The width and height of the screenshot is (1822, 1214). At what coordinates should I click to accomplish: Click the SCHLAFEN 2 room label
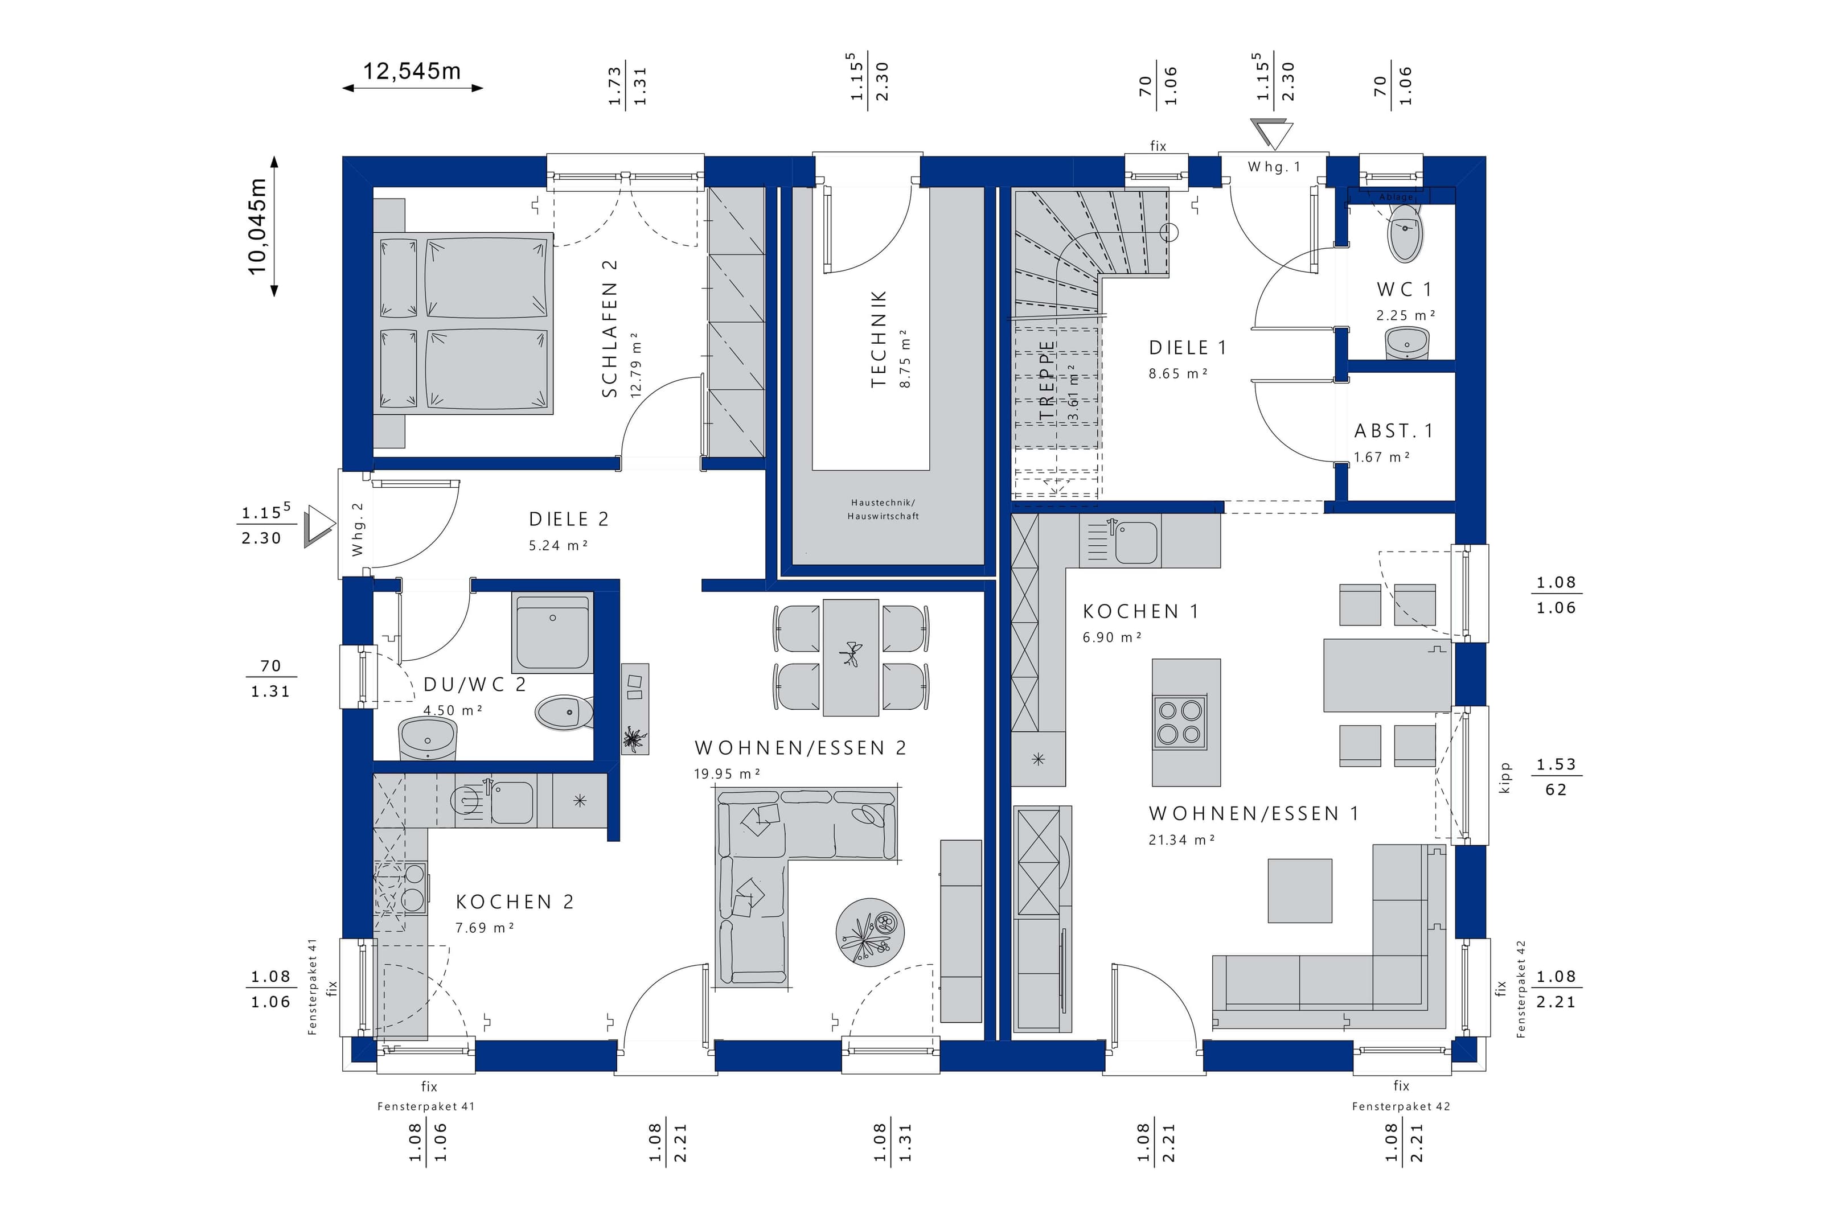610,328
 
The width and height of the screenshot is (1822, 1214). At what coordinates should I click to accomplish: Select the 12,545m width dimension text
412,71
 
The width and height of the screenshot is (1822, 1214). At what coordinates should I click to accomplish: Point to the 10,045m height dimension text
257,226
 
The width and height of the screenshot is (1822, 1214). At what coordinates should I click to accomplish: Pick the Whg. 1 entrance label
1274,166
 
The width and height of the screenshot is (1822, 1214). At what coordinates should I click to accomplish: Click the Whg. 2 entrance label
357,529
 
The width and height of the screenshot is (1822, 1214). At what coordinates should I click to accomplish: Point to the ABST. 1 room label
1393,431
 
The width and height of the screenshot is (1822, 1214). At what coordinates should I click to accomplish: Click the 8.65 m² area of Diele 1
1178,374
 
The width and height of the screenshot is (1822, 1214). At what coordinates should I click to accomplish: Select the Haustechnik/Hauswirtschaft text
883,509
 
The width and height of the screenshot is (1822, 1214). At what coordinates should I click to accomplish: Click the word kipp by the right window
1504,777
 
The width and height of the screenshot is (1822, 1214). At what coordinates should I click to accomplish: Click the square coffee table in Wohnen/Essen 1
1299,890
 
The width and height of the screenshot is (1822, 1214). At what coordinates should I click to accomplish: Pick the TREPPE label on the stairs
1047,380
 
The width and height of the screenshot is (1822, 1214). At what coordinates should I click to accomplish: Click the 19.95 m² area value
727,773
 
